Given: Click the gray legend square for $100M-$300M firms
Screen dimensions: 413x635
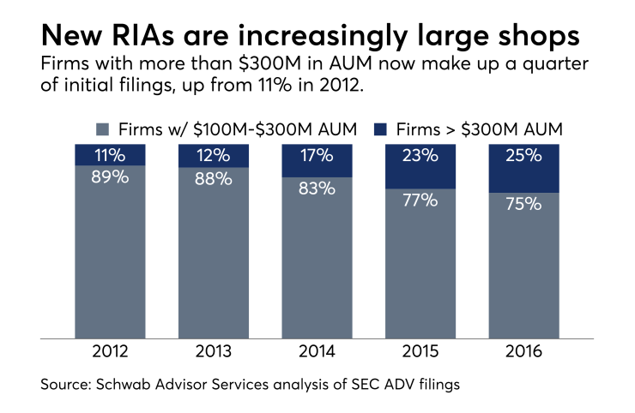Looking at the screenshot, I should (x=101, y=130).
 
